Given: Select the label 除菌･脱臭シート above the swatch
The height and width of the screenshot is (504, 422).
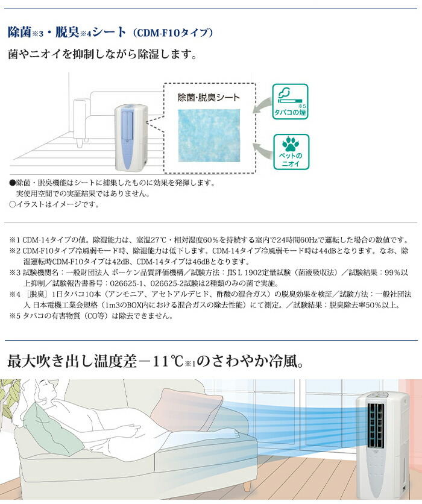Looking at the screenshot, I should click(x=208, y=97).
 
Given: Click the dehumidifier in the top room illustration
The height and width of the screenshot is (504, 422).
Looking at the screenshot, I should click(x=131, y=130).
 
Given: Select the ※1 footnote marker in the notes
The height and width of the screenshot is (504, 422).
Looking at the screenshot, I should click(x=14, y=239).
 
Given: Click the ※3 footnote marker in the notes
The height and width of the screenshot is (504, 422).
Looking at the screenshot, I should click(x=14, y=272).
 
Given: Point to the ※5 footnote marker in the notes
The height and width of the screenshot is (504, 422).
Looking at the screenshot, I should click(x=14, y=315).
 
